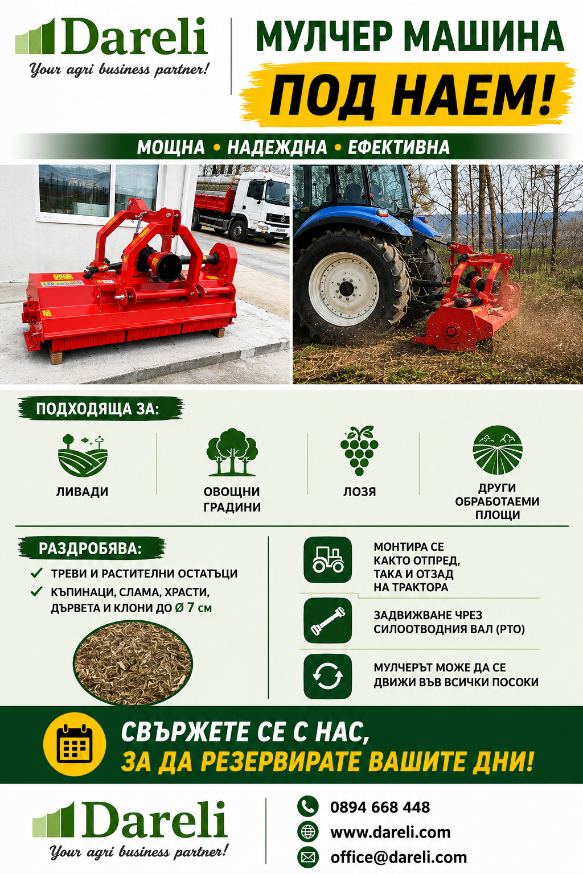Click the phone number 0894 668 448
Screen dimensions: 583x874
(380, 807)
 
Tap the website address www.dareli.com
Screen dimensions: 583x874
(391, 832)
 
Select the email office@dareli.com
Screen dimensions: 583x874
(399, 857)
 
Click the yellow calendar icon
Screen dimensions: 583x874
(75, 744)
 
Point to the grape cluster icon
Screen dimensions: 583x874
(359, 450)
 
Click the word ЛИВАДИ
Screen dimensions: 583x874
(82, 491)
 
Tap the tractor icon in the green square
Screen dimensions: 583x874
(327, 559)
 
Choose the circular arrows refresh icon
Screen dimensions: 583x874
(327, 676)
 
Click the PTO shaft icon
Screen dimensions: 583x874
(327, 620)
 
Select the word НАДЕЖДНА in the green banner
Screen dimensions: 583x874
(277, 147)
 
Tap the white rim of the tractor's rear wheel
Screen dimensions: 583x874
(343, 288)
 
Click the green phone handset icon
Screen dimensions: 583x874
(308, 806)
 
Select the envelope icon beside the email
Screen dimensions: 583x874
(308, 857)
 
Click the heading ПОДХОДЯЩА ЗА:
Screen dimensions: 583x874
(97, 409)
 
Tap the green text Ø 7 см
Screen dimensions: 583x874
(194, 608)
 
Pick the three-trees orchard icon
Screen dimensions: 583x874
(232, 452)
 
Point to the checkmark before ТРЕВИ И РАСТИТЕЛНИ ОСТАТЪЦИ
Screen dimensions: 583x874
(36, 573)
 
